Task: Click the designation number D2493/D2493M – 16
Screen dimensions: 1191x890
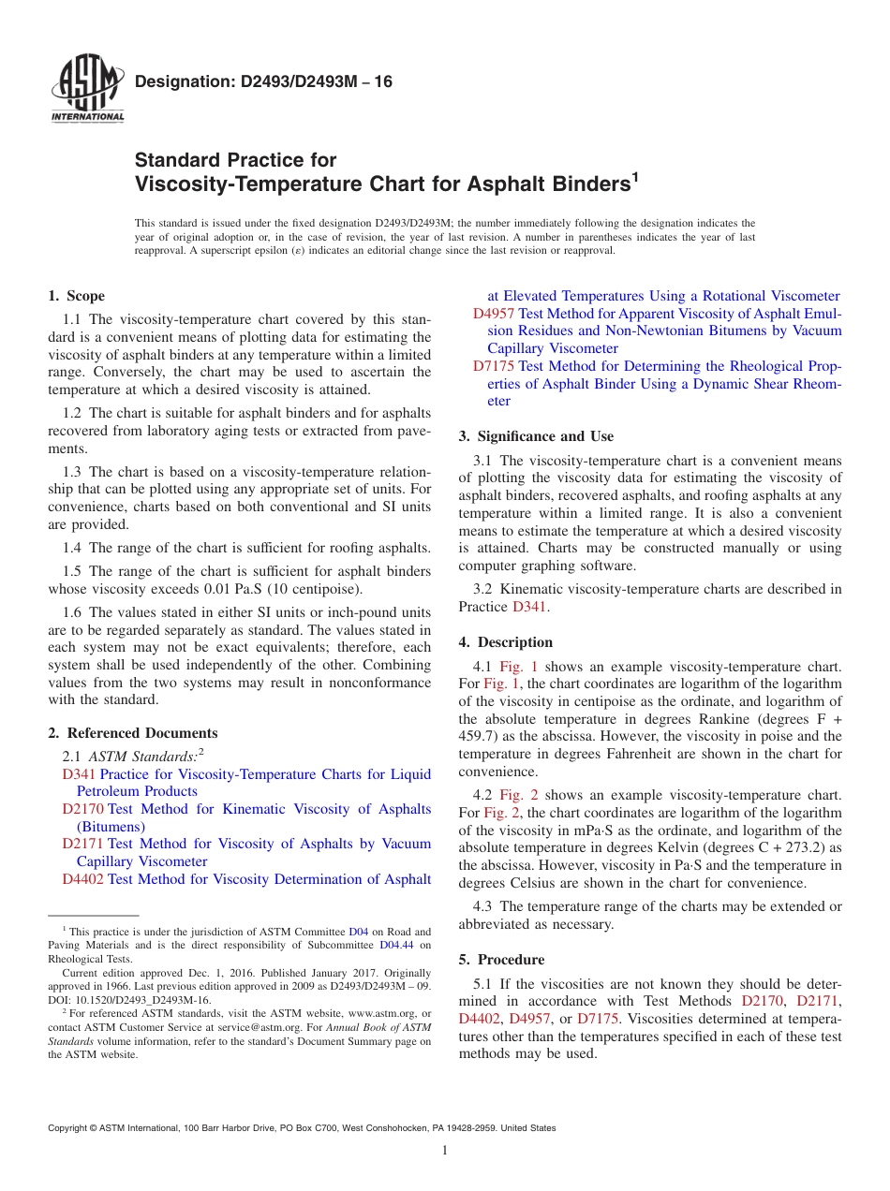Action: [263, 82]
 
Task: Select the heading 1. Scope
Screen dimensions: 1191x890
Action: [76, 296]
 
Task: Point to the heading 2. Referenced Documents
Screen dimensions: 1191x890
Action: [133, 733]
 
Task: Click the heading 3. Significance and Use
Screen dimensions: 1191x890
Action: [536, 436]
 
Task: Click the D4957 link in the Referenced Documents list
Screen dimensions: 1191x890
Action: [494, 314]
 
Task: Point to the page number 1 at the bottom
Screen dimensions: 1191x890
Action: [445, 1150]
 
